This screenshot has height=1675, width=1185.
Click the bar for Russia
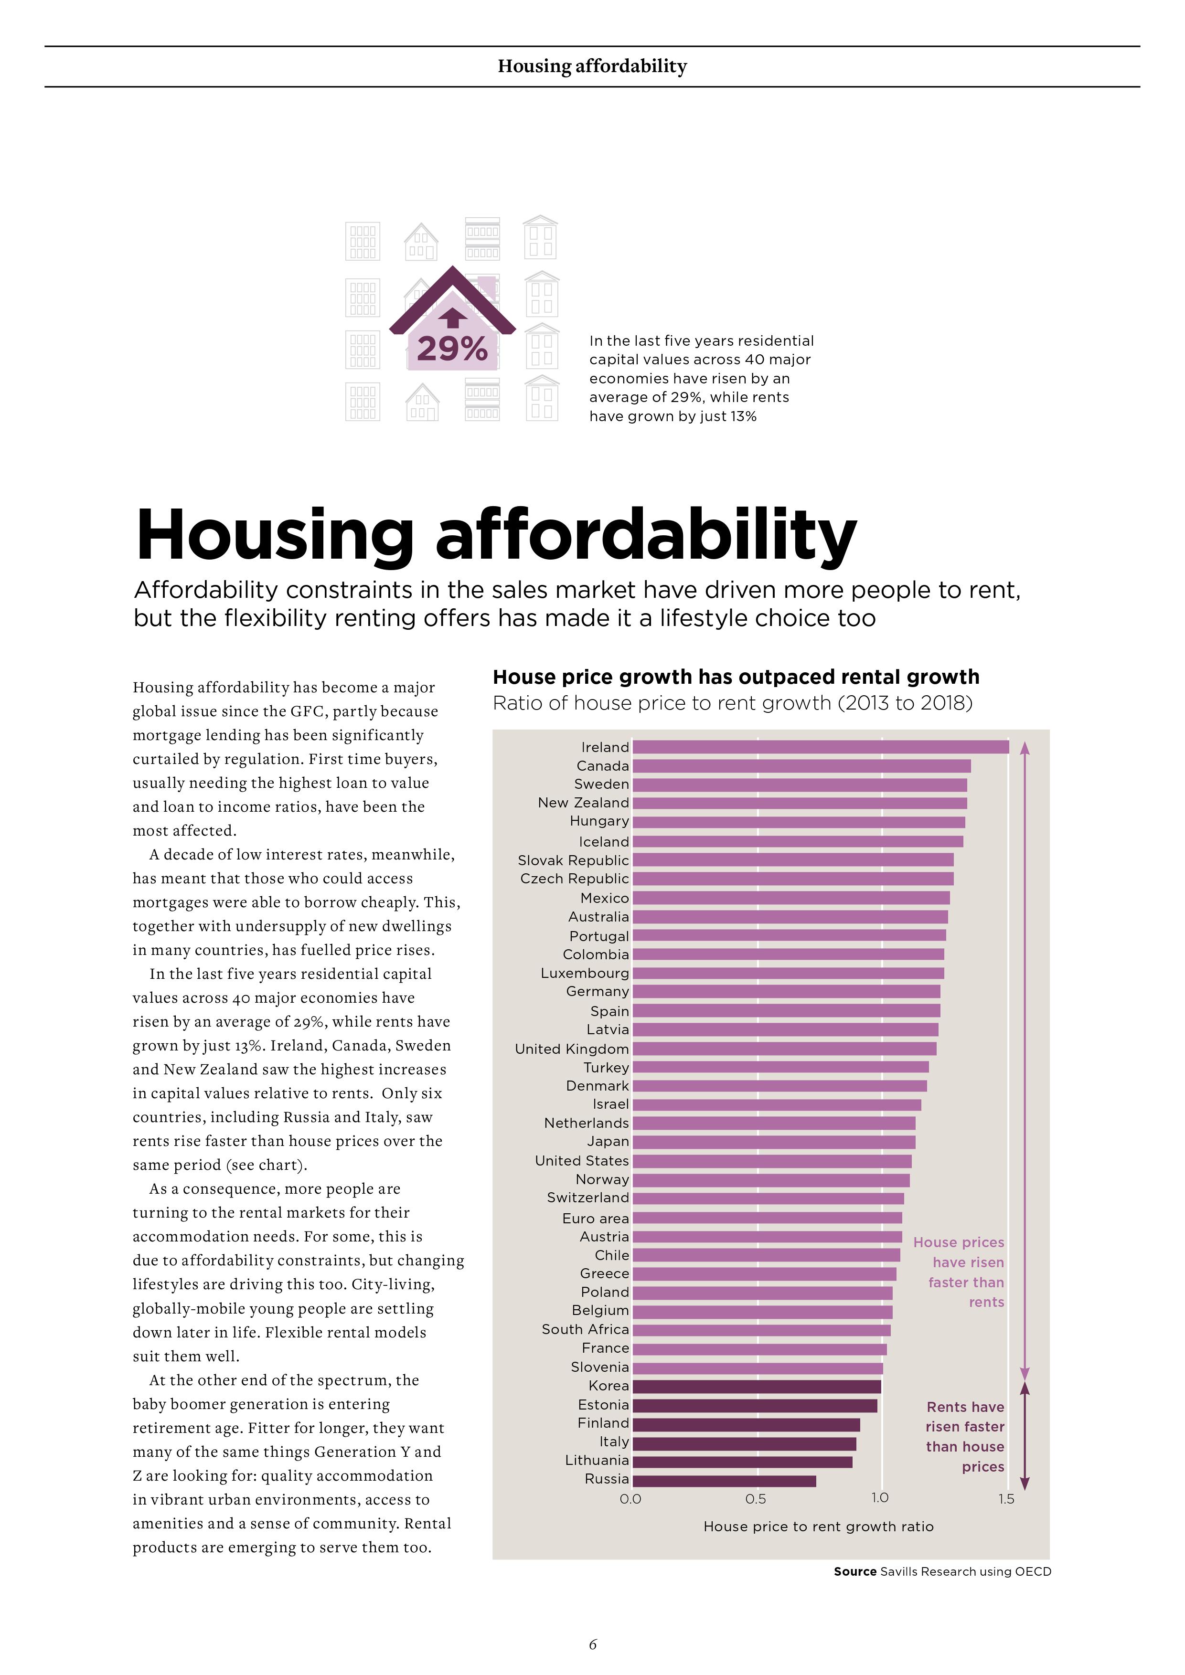tap(724, 1480)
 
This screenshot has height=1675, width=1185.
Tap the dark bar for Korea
tap(757, 1386)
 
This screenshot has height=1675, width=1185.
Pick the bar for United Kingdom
tap(784, 1049)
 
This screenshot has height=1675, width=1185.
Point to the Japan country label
tap(608, 1142)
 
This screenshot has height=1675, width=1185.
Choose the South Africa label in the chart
tap(585, 1329)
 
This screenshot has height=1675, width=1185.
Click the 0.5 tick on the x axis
tap(756, 1499)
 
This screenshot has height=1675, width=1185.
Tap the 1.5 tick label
tap(1006, 1499)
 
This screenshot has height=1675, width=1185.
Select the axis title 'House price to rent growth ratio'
tap(818, 1527)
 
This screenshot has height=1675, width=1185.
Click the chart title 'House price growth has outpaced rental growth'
tap(736, 677)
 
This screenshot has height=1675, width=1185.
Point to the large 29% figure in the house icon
tap(452, 349)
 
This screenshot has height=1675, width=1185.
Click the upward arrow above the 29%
tap(452, 317)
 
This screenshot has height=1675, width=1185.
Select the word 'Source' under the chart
tap(855, 1571)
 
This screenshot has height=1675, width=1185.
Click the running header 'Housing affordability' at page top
tap(592, 66)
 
